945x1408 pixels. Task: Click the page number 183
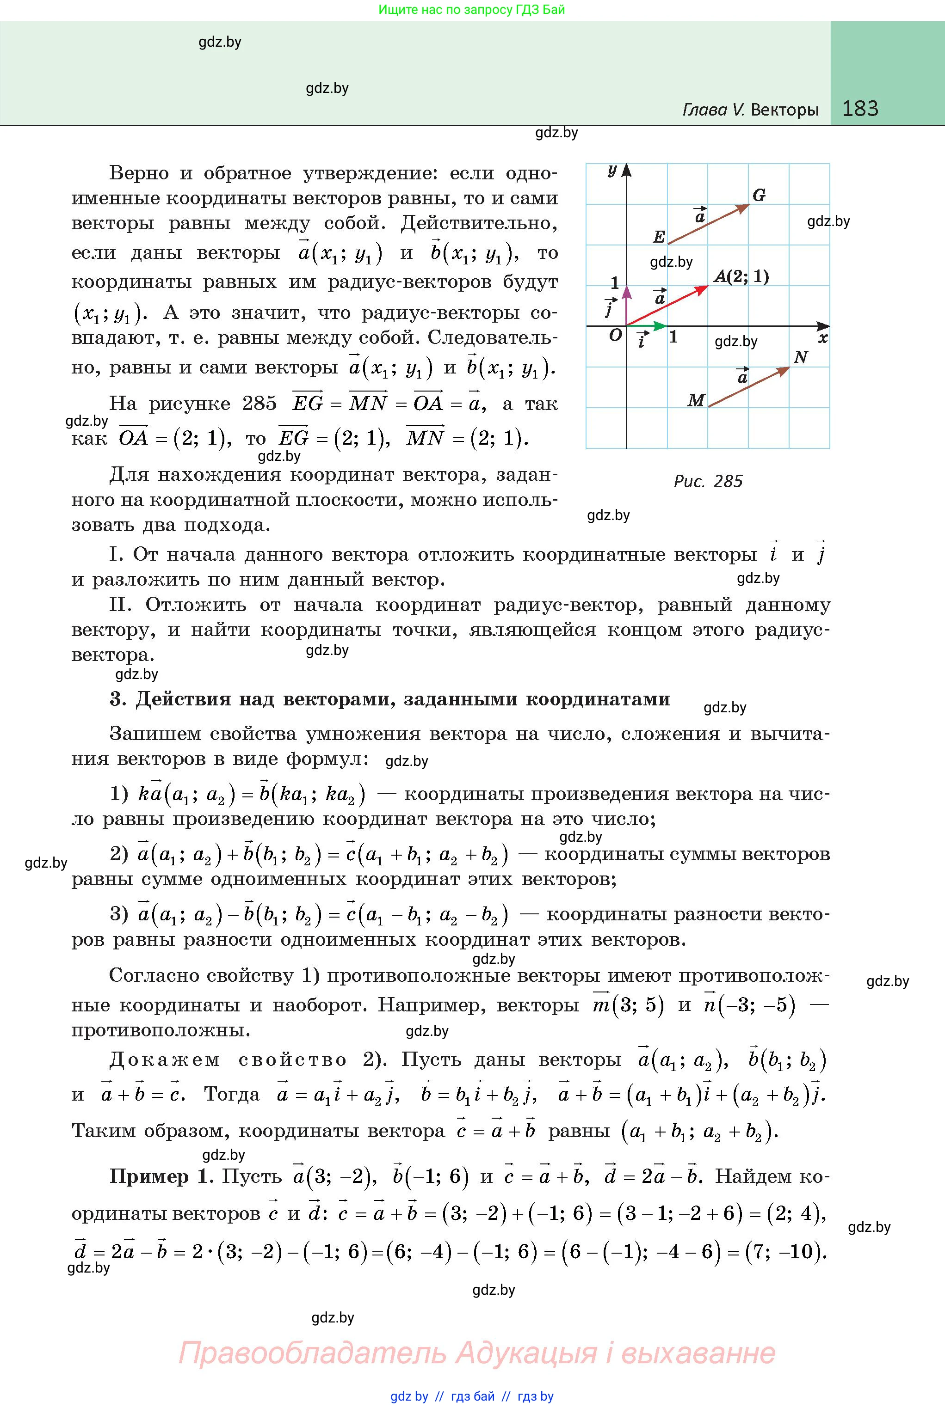pyautogui.click(x=860, y=109)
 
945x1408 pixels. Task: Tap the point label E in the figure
pyautogui.click(x=659, y=237)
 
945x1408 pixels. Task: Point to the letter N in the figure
pyautogui.click(x=800, y=357)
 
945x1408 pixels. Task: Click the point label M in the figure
pyautogui.click(x=696, y=400)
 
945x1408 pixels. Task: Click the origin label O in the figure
pyautogui.click(x=615, y=336)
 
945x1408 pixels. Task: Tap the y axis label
pyautogui.click(x=612, y=171)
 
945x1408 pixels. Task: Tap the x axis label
pyautogui.click(x=823, y=338)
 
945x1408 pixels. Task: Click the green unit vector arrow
pyautogui.click(x=647, y=326)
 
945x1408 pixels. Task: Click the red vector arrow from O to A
pyautogui.click(x=668, y=306)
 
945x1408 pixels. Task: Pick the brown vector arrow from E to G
pyautogui.click(x=709, y=224)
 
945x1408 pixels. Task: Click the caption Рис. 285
pyautogui.click(x=708, y=481)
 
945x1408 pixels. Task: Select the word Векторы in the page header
pyautogui.click(x=784, y=110)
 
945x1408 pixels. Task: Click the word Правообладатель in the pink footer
pyautogui.click(x=312, y=1353)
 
